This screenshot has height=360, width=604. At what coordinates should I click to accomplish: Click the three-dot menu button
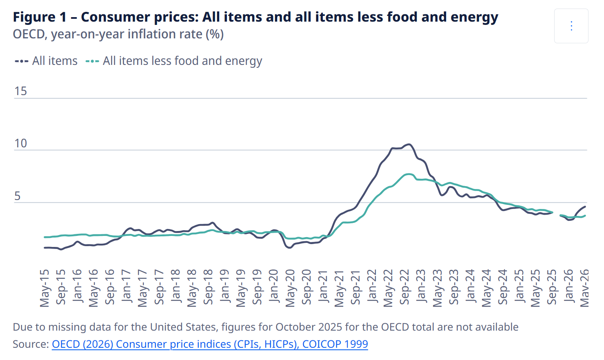[571, 26]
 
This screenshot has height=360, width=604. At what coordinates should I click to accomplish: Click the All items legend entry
[46, 61]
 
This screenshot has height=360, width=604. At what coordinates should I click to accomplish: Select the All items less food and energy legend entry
[174, 61]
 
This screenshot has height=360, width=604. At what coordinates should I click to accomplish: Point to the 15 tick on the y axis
[20, 91]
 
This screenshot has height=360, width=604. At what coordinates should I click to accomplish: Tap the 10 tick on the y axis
[20, 143]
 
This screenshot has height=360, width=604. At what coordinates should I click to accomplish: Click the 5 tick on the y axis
[17, 196]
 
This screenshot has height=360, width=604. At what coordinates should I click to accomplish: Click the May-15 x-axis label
[44, 288]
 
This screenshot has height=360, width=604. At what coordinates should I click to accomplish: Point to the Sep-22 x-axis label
[404, 287]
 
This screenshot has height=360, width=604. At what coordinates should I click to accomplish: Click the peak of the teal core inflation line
[409, 174]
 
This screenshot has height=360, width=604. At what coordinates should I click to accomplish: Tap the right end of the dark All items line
[585, 207]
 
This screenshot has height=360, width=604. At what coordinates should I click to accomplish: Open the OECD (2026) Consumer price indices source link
[210, 344]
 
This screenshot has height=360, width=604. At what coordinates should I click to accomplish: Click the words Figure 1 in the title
[40, 17]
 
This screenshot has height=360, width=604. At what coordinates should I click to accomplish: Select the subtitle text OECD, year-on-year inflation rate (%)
[118, 35]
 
